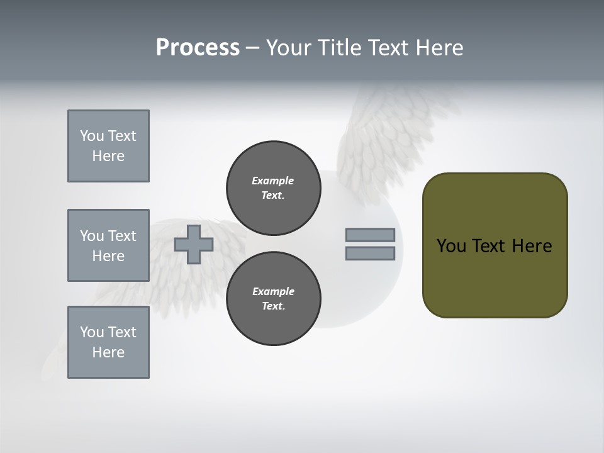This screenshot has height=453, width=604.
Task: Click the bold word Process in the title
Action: tap(198, 48)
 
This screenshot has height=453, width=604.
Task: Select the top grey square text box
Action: tap(108, 146)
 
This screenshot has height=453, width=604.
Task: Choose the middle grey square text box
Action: tap(108, 245)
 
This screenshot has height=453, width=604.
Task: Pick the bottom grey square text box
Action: tap(108, 342)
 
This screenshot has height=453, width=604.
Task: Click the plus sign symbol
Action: tap(194, 244)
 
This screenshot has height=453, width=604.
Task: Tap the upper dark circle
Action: tap(274, 188)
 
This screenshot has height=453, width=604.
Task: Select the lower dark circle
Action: tap(274, 299)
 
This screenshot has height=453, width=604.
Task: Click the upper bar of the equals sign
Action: tap(370, 235)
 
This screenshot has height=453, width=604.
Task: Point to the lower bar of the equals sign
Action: tap(370, 254)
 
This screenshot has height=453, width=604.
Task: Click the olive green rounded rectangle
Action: tap(495, 277)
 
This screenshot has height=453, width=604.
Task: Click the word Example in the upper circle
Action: tap(272, 181)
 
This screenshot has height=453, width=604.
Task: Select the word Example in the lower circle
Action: tap(273, 291)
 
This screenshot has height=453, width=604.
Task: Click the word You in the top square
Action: tap(92, 136)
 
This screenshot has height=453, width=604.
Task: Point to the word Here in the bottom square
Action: tap(108, 352)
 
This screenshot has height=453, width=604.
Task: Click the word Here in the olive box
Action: tap(532, 246)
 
